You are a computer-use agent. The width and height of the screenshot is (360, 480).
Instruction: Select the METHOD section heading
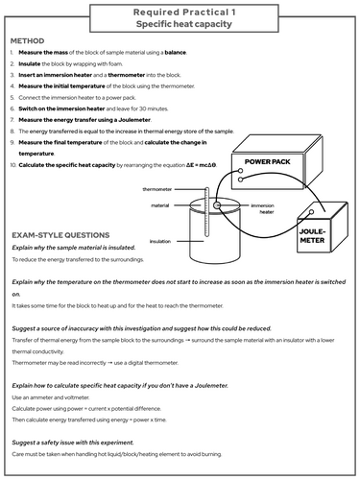pyautogui.click(x=33, y=42)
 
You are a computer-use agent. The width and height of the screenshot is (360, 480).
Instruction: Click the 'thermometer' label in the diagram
pyautogui.click(x=157, y=190)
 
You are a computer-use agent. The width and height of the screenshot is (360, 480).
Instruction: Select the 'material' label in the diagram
pyautogui.click(x=160, y=204)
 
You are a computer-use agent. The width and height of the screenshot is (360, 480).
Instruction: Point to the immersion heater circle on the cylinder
pyautogui.click(x=218, y=205)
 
